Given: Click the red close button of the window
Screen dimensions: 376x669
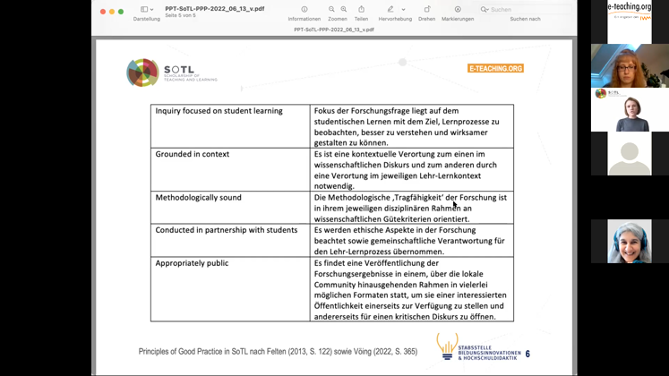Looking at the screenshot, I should [x=102, y=12].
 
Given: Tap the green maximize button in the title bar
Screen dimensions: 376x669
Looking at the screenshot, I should [x=121, y=12].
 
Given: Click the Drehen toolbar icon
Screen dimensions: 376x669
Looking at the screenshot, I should [x=426, y=10].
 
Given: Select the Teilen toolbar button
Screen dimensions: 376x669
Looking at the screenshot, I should [x=361, y=10].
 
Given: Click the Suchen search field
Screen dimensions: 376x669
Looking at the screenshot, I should [x=524, y=10].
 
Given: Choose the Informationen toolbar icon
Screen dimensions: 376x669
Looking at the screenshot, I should [x=304, y=10].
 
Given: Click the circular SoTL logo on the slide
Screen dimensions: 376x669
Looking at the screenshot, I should [x=142, y=73].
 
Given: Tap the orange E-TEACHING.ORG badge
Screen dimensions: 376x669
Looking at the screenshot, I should [x=495, y=68].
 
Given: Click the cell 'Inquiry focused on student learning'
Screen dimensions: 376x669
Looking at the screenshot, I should [x=219, y=111].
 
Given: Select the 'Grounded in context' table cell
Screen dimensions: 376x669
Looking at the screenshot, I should [x=192, y=154].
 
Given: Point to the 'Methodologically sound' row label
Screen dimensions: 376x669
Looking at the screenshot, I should [x=198, y=198].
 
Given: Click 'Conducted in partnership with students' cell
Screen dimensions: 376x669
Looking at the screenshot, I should [x=226, y=230].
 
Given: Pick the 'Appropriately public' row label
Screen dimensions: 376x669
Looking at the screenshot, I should [x=192, y=263].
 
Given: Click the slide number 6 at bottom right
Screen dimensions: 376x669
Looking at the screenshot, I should [x=527, y=355].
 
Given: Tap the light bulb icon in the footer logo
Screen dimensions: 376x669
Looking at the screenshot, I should [x=446, y=345].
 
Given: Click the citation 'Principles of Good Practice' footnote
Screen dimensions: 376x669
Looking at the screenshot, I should [x=278, y=352].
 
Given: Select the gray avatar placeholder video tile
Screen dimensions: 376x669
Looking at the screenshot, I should [x=630, y=154].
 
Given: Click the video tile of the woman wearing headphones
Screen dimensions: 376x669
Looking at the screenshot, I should [x=630, y=242].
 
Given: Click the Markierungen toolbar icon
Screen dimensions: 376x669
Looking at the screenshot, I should [x=457, y=10].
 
